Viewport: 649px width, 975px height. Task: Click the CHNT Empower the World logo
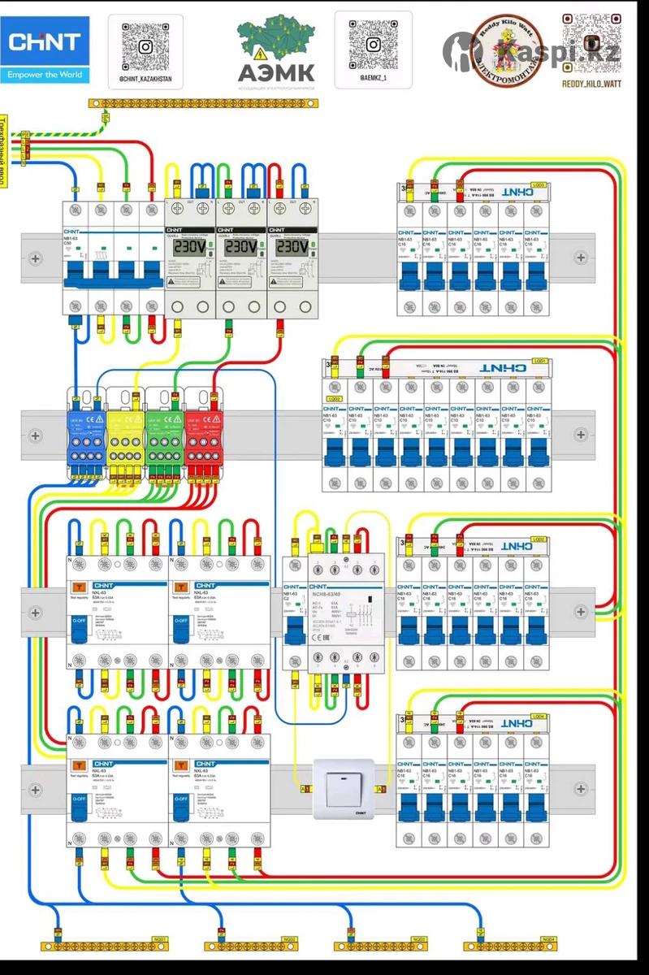point(45,50)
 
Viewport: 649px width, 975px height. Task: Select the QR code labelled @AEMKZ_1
point(373,44)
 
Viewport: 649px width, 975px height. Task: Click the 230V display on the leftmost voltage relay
point(188,246)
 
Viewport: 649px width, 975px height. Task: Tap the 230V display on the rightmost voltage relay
point(292,246)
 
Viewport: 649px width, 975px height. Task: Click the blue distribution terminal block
point(85,435)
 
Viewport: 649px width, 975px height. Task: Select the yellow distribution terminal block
point(124,435)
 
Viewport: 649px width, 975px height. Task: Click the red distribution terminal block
point(202,435)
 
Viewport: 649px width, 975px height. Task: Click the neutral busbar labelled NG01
point(106,947)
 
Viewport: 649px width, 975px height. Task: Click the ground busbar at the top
point(203,103)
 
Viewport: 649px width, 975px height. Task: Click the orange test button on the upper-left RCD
point(79,586)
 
